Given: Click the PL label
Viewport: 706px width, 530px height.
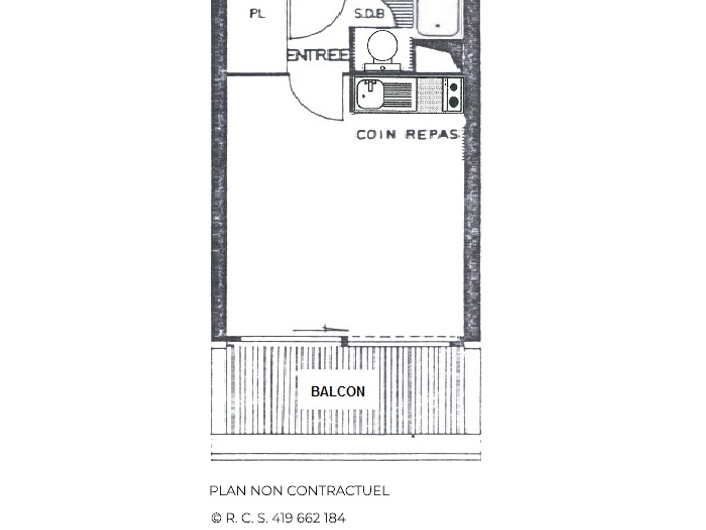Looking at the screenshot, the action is [x=257, y=14].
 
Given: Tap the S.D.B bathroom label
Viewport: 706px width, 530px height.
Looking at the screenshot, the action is [x=369, y=14].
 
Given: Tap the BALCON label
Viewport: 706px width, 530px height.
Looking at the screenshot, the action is [x=338, y=392].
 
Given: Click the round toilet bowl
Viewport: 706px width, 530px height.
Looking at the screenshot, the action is [x=382, y=46].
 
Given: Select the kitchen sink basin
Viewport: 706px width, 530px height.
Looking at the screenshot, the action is [x=370, y=95].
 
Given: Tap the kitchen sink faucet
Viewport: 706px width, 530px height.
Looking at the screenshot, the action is [x=370, y=86].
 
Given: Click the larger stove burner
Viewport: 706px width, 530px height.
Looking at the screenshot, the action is [x=454, y=102].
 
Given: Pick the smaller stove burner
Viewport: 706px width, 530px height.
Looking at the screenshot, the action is [x=454, y=87].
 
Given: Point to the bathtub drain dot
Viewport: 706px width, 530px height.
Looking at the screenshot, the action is [x=438, y=26].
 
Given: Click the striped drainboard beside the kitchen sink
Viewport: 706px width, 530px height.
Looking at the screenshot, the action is [x=398, y=95].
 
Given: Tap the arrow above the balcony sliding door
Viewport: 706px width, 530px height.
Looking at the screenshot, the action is [x=321, y=329].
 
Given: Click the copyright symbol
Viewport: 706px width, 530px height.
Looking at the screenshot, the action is [x=216, y=518].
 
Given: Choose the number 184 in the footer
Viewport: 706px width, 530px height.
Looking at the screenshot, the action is [x=335, y=518].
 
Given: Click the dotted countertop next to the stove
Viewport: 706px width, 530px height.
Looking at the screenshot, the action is [x=429, y=95].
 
